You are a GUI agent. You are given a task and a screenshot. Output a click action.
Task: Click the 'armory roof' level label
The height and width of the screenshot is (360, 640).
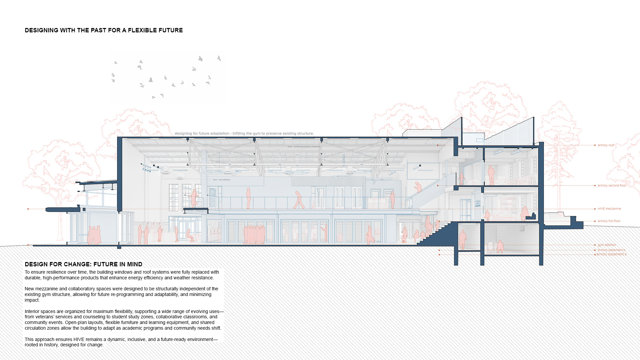606,145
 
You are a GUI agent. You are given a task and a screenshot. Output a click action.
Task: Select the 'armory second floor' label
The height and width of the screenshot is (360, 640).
612,186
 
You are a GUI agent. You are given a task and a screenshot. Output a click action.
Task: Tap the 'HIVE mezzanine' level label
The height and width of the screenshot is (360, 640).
609,209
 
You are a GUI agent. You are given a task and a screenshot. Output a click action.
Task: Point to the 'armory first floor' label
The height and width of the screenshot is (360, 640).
609,221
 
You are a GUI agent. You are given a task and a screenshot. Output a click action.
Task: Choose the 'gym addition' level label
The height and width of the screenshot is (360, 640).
607,245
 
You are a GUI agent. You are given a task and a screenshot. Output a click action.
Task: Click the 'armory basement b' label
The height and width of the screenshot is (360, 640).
611,250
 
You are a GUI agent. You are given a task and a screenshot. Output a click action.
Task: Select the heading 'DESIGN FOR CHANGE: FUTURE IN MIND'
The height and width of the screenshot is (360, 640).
83,264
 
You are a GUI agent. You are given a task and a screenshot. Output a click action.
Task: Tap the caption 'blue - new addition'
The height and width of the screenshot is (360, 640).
221,180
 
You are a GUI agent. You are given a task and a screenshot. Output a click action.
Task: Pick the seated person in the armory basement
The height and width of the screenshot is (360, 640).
500,247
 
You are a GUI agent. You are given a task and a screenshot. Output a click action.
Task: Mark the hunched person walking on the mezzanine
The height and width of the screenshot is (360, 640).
299,200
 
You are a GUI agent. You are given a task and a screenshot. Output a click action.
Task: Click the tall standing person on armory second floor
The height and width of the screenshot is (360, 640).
491,175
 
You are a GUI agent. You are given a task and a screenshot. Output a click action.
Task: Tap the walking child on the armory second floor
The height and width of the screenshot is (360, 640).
462,179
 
